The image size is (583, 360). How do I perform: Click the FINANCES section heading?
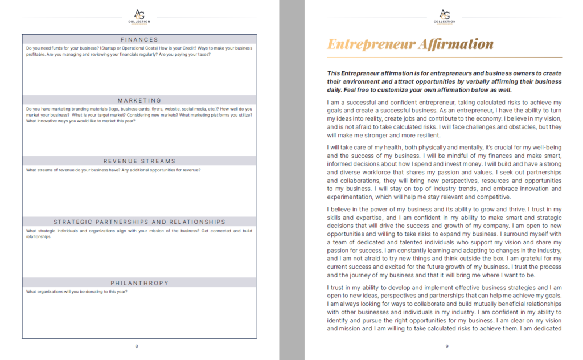(x=139, y=39)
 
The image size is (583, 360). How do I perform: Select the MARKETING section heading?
(x=139, y=100)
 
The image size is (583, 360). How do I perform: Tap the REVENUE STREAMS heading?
(x=139, y=161)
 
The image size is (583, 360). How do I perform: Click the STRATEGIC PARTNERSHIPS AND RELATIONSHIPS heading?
(x=139, y=222)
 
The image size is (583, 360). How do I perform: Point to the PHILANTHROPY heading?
(x=139, y=283)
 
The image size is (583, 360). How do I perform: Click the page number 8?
(x=136, y=346)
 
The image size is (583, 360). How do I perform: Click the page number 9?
(x=447, y=346)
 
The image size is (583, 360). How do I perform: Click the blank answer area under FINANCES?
(x=139, y=74)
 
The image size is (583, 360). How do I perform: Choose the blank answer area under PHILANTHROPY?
(x=139, y=316)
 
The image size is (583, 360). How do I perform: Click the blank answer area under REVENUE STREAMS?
(x=139, y=194)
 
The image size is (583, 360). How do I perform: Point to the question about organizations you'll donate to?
(x=77, y=292)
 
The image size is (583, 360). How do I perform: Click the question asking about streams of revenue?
(x=113, y=170)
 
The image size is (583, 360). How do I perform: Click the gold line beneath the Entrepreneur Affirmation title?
(x=444, y=57)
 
